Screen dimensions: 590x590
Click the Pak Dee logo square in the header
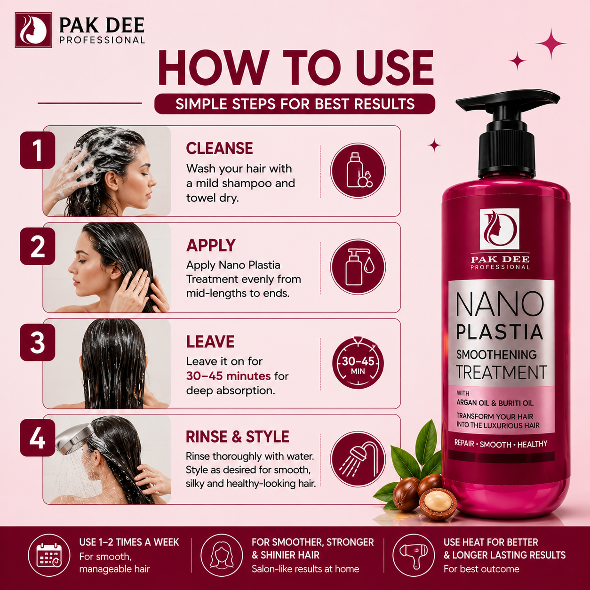(x=33, y=30)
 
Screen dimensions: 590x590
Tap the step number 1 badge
(x=38, y=150)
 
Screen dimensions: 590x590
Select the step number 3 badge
(x=38, y=343)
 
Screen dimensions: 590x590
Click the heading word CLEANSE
(x=220, y=148)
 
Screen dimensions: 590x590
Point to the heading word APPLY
(x=211, y=245)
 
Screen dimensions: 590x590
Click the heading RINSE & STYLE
(x=238, y=437)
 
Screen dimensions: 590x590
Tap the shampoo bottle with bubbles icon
(x=358, y=170)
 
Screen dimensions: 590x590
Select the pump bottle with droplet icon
(x=358, y=267)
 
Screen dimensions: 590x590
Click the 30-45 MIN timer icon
(x=358, y=363)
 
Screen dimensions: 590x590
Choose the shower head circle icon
(x=358, y=459)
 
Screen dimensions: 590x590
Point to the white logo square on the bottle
(x=499, y=229)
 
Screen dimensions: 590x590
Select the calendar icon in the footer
(x=49, y=555)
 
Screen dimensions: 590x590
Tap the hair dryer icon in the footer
(x=414, y=555)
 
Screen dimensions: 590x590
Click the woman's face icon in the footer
(x=222, y=555)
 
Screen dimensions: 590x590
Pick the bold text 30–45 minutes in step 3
(x=228, y=376)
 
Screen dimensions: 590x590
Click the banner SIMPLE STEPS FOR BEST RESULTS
(x=295, y=104)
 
